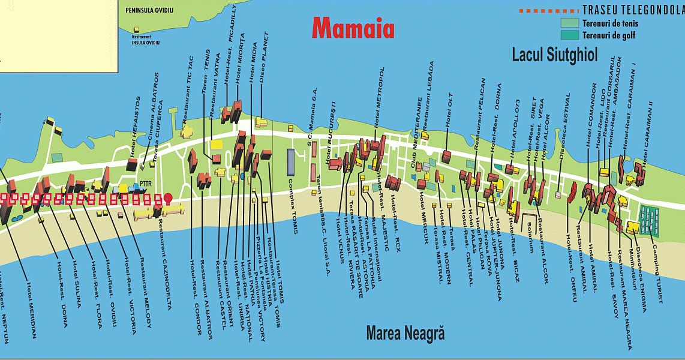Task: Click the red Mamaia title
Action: click(x=353, y=28)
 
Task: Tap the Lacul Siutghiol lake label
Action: click(x=554, y=55)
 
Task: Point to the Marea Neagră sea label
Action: click(x=405, y=333)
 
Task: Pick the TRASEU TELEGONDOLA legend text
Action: click(x=633, y=11)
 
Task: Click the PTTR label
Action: click(x=145, y=184)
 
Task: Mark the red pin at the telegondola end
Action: click(x=168, y=197)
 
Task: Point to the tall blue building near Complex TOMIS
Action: click(x=291, y=162)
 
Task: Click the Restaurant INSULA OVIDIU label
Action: click(x=138, y=40)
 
